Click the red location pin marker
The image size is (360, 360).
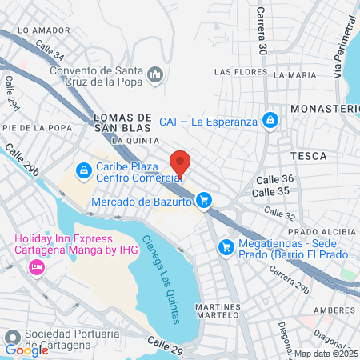click(x=181, y=162)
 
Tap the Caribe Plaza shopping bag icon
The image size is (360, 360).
click(x=83, y=170)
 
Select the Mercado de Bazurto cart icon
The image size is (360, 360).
click(x=205, y=200)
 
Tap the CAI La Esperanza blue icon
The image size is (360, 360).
click(x=270, y=120)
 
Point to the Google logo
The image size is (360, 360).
click(x=26, y=350)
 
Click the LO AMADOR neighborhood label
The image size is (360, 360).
click(x=38, y=30)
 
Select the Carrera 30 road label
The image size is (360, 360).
click(x=261, y=32)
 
